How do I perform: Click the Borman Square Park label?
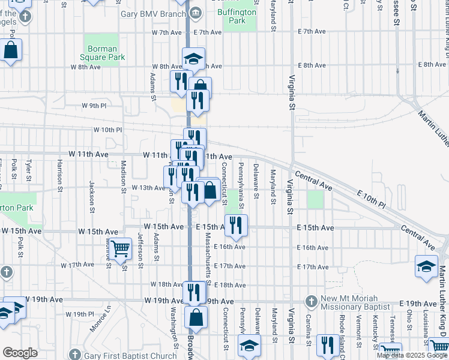106,52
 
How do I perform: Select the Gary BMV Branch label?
154,14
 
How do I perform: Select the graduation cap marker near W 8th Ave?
193,59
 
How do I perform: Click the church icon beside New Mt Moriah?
311,301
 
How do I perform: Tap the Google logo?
20,352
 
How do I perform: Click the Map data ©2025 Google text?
411,355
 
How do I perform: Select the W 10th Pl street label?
107,130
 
